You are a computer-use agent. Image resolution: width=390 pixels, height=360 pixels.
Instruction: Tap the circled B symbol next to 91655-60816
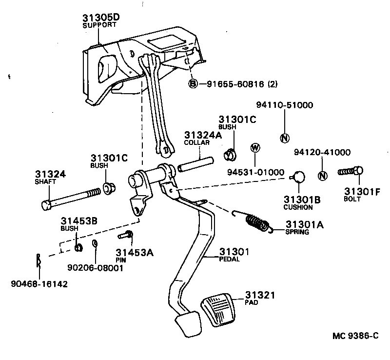[193, 84]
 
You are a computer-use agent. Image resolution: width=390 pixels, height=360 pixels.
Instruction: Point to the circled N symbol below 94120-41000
[322, 176]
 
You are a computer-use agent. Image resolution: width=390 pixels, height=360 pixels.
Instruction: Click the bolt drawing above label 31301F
[351, 172]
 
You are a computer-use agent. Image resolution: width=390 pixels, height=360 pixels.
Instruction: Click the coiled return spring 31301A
[257, 222]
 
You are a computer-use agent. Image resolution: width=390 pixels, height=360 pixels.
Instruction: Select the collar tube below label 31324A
[195, 161]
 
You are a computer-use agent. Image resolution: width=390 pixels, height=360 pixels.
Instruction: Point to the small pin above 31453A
[125, 236]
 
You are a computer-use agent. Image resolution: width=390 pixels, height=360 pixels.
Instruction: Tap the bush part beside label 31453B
[78, 246]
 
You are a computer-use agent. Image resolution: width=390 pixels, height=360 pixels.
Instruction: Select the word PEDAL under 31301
[229, 259]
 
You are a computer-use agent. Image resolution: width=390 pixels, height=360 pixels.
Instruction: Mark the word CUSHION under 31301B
[298, 207]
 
